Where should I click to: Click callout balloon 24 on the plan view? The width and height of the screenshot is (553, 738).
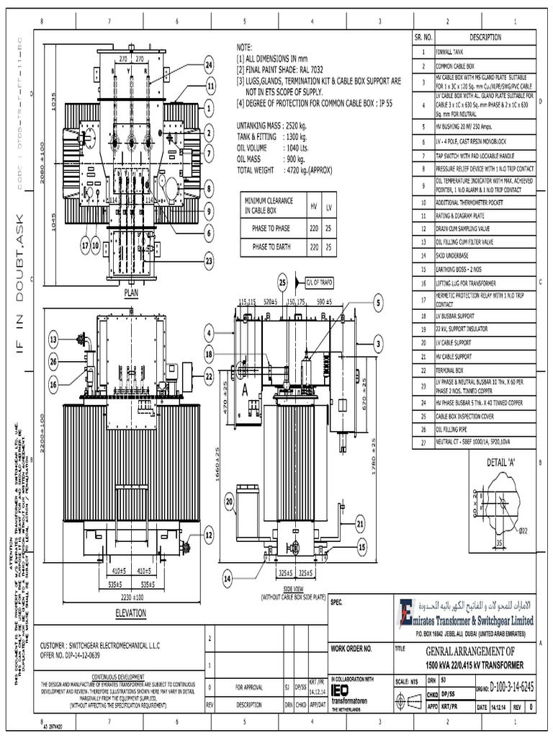coord(210,66)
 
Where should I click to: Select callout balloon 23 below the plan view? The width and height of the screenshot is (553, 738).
coord(210,259)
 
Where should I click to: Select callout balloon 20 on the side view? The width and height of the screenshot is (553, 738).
coord(230,502)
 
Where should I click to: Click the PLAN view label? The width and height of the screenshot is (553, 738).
coord(130,293)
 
